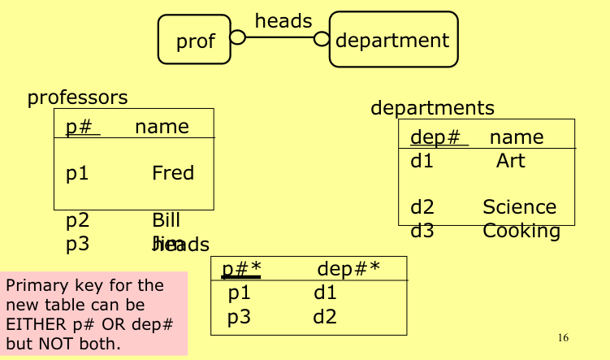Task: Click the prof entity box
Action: (196, 40)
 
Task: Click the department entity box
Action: (392, 39)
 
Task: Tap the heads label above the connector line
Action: (283, 21)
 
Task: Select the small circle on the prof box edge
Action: (237, 37)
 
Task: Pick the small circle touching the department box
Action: (322, 38)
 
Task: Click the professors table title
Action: (78, 98)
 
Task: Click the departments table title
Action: (432, 107)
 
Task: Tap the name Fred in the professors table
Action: (173, 173)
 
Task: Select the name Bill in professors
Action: (166, 220)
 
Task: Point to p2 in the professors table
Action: (77, 220)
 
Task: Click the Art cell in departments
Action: (511, 161)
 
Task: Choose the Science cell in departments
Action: (519, 207)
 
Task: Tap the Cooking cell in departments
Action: (521, 231)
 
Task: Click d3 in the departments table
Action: (422, 231)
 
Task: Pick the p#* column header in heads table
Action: (241, 269)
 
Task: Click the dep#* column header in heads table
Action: (348, 269)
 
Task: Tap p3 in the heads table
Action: (239, 316)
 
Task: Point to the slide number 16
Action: (564, 337)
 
